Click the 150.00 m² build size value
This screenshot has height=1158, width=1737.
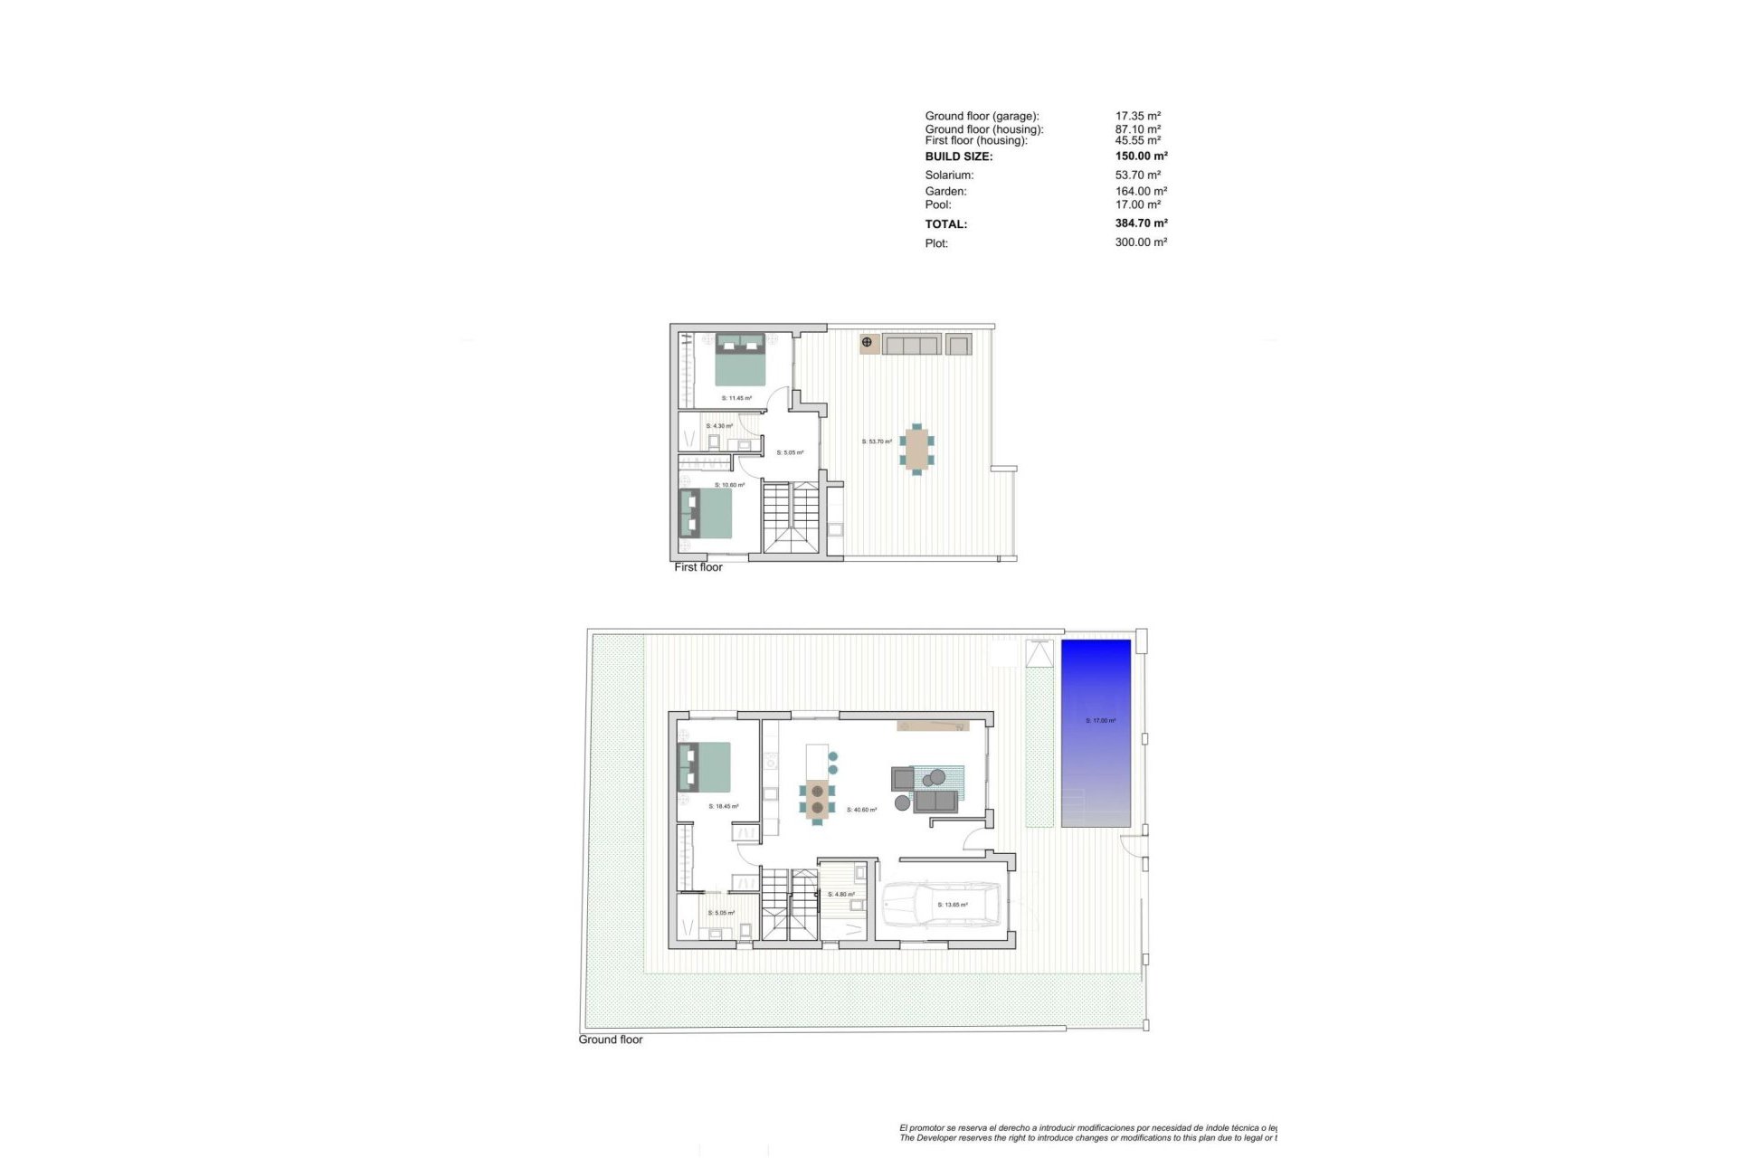1141,157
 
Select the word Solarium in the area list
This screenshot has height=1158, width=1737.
949,176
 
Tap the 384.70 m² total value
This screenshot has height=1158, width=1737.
1141,223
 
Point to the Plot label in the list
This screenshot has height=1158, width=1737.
936,243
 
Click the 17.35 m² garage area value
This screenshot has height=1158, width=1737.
1137,117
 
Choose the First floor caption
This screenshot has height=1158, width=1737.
698,567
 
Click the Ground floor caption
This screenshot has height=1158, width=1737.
611,1039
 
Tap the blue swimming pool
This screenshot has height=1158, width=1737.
1096,733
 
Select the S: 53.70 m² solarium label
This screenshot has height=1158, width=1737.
877,441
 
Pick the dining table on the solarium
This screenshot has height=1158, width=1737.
916,449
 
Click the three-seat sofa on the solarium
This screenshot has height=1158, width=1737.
912,344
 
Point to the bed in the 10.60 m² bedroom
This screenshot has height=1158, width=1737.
707,514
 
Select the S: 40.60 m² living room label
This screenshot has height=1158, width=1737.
861,810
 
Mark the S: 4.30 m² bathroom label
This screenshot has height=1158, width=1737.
719,426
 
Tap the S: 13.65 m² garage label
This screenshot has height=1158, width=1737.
953,905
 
